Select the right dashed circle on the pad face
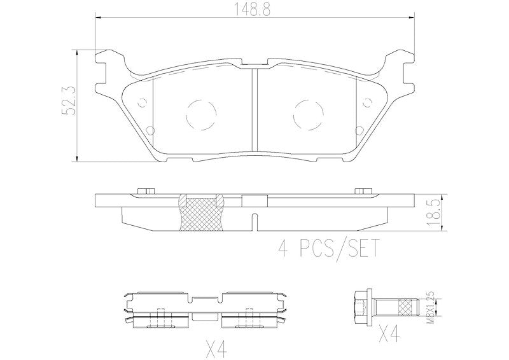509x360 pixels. click(x=308, y=114)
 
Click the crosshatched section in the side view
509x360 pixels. click(x=200, y=213)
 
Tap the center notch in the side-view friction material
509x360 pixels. click(x=254, y=223)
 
